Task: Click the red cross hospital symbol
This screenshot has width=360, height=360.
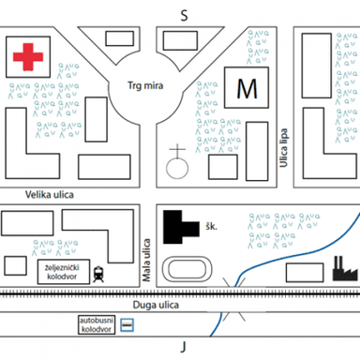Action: tap(28, 57)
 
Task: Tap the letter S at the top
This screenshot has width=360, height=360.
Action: tap(185, 16)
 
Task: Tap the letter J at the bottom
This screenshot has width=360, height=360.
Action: tap(184, 347)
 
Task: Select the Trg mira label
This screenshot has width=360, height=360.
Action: tap(145, 85)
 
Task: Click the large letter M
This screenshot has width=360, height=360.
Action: tap(247, 89)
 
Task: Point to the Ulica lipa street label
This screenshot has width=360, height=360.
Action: tap(283, 148)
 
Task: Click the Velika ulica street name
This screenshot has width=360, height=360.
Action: tap(50, 195)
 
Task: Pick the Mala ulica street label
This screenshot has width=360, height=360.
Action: tap(146, 260)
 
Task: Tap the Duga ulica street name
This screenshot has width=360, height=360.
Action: tap(156, 305)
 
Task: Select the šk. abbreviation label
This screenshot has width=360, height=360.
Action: tap(212, 226)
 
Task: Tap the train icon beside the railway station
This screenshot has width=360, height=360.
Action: tap(98, 274)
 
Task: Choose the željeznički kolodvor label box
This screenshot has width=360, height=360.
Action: tap(64, 272)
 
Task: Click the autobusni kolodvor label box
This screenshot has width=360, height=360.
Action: tap(97, 324)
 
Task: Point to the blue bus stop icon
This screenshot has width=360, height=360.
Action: tap(127, 325)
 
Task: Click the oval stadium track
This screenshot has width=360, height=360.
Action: tap(187, 269)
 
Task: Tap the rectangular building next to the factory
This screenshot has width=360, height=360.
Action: tap(305, 273)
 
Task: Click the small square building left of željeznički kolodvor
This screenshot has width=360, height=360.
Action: tap(15, 265)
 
